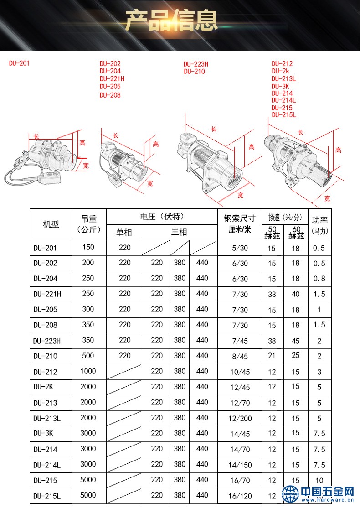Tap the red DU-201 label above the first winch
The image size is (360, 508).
tap(19, 63)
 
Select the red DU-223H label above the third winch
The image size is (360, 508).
tap(196, 64)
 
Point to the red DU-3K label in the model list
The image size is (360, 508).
tap(280, 86)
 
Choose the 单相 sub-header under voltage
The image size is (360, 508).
tap(124, 232)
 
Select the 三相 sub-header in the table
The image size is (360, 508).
tap(179, 232)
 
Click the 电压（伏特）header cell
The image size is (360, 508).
tap(162, 217)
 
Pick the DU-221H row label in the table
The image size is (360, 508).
tap(47, 294)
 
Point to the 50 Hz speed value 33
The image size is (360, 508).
tap(272, 294)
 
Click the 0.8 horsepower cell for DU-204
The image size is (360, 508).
tap(319, 279)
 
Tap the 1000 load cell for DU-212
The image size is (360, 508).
tap(88, 371)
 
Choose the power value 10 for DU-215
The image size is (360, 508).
tap(319, 480)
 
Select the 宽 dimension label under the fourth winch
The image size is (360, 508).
tap(327, 198)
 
